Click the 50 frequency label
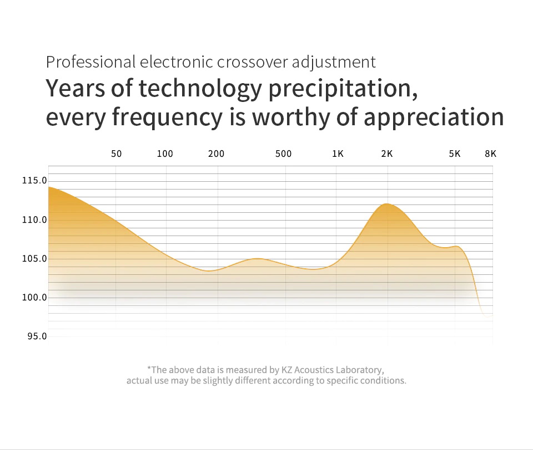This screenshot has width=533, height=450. pos(116,154)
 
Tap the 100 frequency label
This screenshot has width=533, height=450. pos(165,154)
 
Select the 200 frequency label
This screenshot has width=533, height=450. pos(216,154)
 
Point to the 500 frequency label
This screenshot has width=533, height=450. pos(283,154)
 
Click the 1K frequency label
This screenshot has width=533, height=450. pos(338,154)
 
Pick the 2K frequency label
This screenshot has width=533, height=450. pos(387,154)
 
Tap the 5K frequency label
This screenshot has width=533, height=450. pos(455,154)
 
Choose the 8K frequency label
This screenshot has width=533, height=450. pos(490,154)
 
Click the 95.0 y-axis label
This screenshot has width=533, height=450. pos(37,336)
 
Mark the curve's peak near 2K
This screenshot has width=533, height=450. pos(387,204)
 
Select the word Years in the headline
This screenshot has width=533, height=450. pos(75,89)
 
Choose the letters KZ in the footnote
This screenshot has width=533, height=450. pos(301,370)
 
